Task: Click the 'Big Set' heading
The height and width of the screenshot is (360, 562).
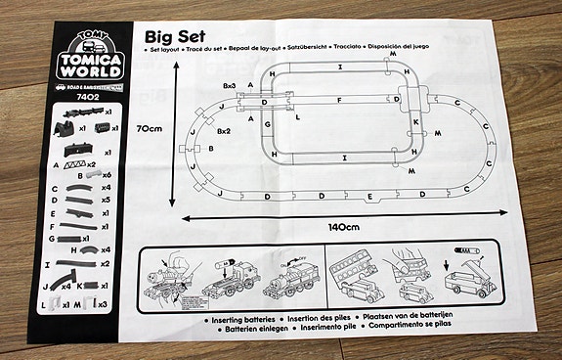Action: pyautogui.click(x=180, y=37)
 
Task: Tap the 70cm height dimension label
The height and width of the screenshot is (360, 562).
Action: pyautogui.click(x=149, y=127)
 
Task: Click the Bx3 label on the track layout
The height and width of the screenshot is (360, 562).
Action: pyautogui.click(x=230, y=87)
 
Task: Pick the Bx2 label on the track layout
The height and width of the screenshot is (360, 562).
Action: pyautogui.click(x=223, y=130)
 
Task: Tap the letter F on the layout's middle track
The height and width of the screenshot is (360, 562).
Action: pyautogui.click(x=338, y=101)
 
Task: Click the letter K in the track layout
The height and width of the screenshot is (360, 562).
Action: pyautogui.click(x=415, y=122)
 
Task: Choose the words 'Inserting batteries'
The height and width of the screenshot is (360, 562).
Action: pyautogui.click(x=244, y=320)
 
